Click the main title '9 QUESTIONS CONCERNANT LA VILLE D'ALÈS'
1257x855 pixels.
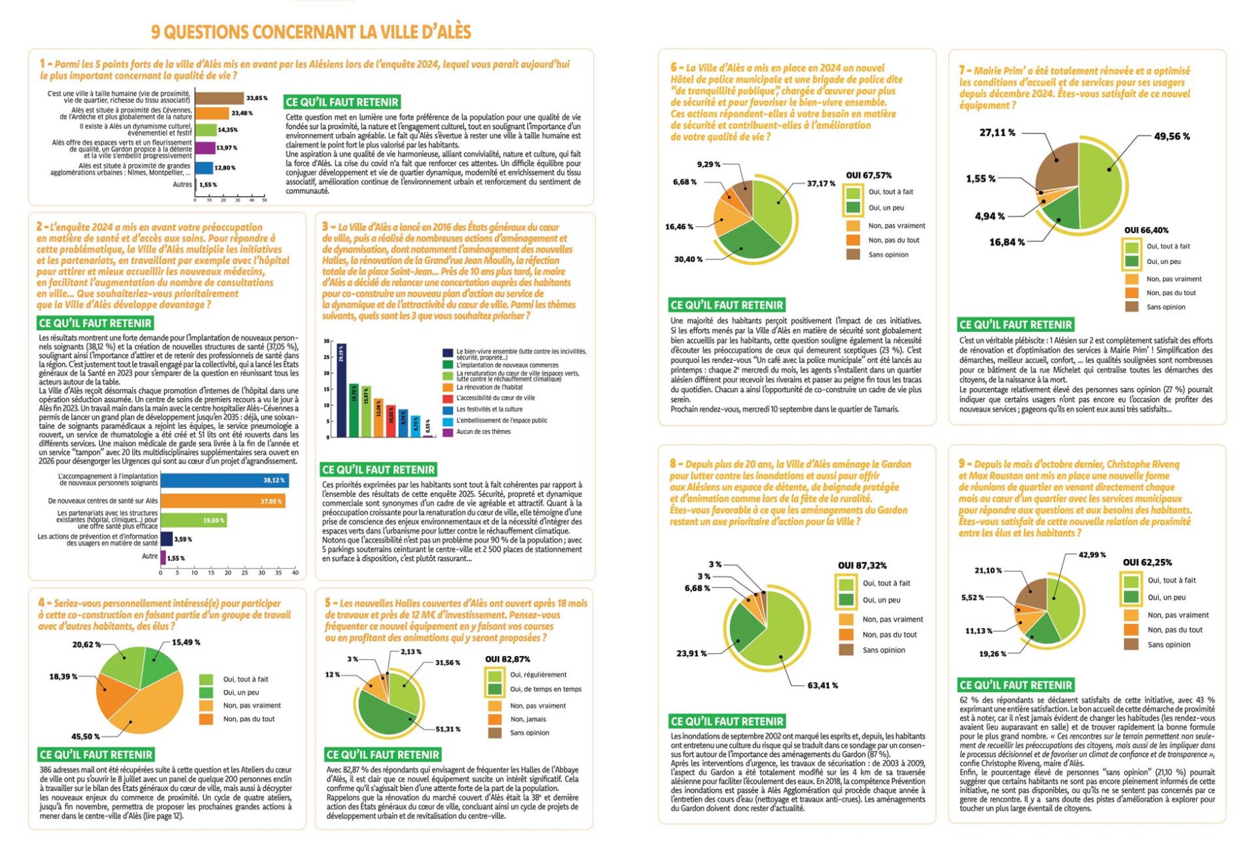pos(311,32)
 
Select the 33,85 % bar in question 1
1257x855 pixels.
pos(219,98)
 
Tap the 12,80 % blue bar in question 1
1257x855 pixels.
pos(204,168)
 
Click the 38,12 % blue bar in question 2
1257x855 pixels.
pos(224,480)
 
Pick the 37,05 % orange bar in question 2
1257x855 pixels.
pos(222,501)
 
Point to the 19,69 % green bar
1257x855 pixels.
pos(194,520)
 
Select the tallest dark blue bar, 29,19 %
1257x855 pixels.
pos(341,390)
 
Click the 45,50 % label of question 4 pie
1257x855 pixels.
pos(85,736)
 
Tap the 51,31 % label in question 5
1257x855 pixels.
pos(447,729)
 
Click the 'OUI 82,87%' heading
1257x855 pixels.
pos(508,659)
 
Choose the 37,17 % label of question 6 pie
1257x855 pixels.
pos(821,184)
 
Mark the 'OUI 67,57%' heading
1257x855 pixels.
pos(868,176)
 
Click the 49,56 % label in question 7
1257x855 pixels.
pos(1172,136)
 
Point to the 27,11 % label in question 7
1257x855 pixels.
pos(997,133)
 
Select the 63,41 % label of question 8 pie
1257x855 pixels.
pos(822,685)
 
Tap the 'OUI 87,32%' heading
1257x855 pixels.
pos(862,566)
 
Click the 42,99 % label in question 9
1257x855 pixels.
pos(1092,555)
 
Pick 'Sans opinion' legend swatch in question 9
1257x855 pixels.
pos(1131,645)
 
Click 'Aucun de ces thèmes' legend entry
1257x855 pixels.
pos(484,432)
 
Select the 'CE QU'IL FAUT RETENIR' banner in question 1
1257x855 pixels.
pos(342,102)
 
